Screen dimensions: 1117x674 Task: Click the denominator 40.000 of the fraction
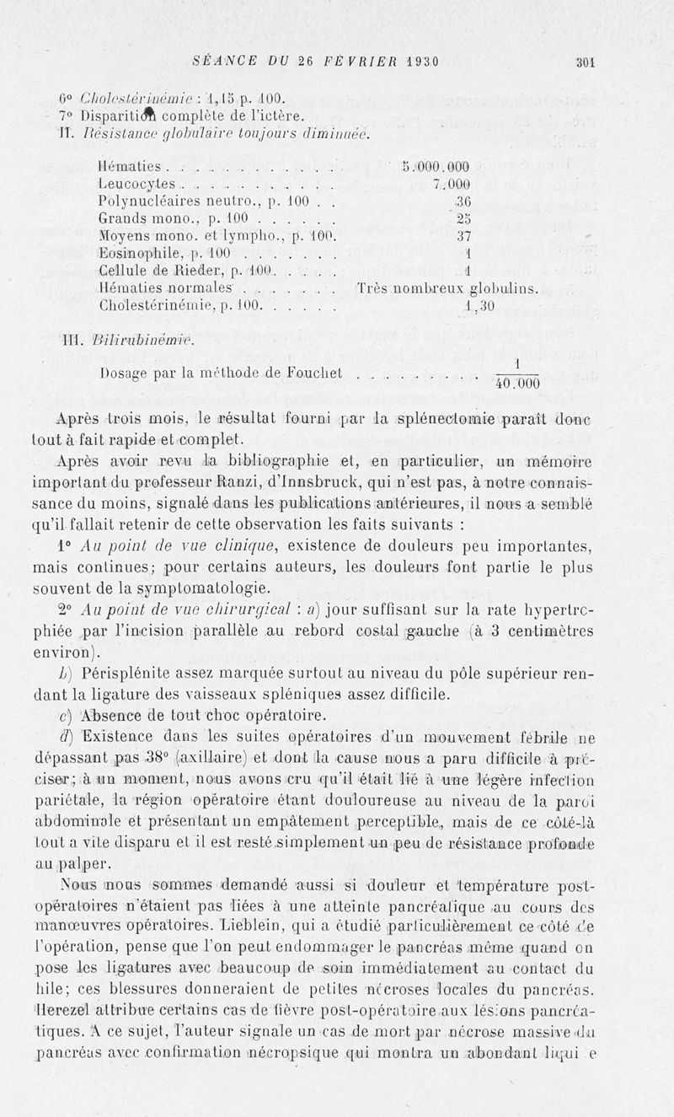tap(516, 384)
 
